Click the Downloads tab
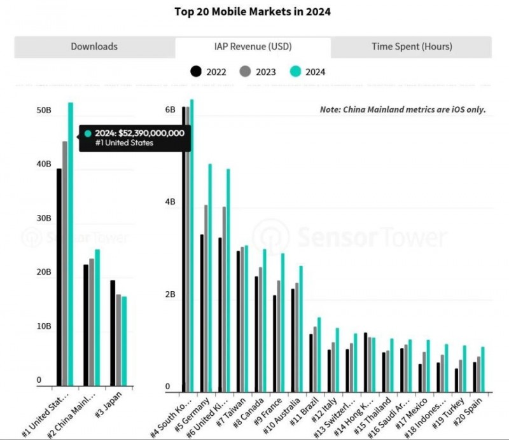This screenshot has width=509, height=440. point(94,46)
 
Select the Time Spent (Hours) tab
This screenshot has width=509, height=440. point(412,46)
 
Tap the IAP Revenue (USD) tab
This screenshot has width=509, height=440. point(253,46)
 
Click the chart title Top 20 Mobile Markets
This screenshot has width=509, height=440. point(253,11)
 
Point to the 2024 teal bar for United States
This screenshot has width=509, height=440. point(71,254)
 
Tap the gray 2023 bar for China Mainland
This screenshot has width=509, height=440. point(92,321)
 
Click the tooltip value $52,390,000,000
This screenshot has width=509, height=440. point(140,133)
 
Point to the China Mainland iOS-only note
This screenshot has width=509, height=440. point(402,109)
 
